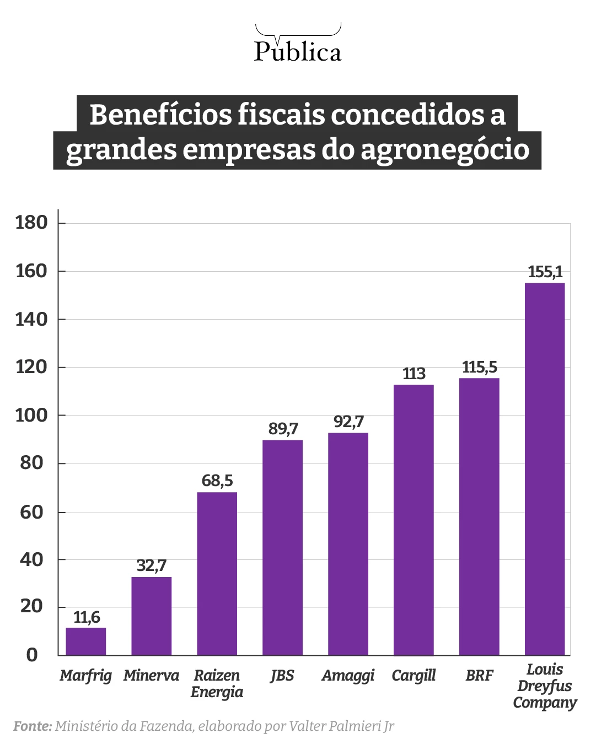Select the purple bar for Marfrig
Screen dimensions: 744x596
pos(86,641)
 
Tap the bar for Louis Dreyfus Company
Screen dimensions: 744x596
pos(544,468)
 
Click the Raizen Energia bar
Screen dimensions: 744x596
pos(217,573)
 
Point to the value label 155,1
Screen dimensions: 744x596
pos(545,272)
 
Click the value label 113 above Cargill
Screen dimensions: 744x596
pos(414,374)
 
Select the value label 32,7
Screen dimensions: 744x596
pos(151,565)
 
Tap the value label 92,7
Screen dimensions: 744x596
pos(348,422)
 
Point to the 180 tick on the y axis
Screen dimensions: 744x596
pos(31,223)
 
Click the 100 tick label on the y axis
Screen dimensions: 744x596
pos(31,415)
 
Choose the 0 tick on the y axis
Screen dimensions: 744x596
pos(32,655)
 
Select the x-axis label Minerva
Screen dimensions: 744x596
pos(151,676)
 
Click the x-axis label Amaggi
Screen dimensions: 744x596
pos(348,676)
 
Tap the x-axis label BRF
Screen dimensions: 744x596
pos(479,676)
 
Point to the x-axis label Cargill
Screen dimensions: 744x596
pos(414,676)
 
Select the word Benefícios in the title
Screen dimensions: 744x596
pos(160,114)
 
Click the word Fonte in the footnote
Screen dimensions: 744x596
pos(32,726)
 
